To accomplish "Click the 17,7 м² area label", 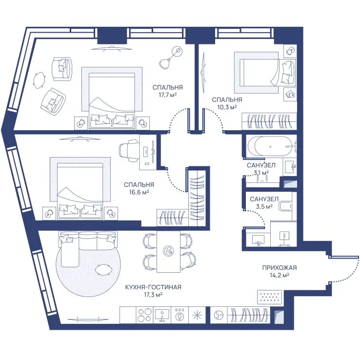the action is tap(168, 95).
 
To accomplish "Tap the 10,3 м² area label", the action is tap(227, 107).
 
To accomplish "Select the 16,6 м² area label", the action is tap(139, 192).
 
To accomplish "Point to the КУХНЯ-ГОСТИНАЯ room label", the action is tap(153, 287).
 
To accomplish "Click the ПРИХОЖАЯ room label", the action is tap(280, 268).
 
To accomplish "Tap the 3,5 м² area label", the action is tap(264, 206).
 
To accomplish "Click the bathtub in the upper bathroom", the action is tap(270, 146).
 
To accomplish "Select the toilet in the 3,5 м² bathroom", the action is tap(285, 206).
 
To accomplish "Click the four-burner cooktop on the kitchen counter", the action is tap(145, 315).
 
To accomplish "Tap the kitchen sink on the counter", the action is tap(162, 315).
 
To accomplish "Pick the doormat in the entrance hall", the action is tap(270, 297).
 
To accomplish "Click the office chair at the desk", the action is tap(129, 151).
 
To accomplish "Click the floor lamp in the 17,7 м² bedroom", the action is tap(170, 58).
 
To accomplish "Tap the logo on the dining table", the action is tap(168, 251).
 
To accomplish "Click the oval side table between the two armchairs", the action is tap(39, 80).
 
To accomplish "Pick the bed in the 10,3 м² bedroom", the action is tap(267, 72).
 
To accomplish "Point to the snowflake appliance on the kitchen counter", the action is tap(197, 315).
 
